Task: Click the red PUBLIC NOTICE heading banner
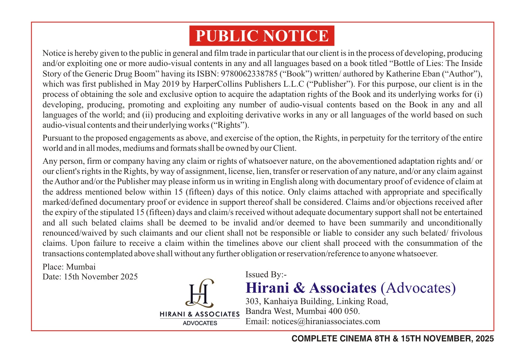click(262, 36)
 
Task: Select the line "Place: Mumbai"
click(69, 266)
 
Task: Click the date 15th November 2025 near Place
click(101, 277)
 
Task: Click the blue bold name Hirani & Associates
click(311, 288)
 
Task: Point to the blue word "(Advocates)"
click(418, 288)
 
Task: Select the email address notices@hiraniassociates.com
click(326, 321)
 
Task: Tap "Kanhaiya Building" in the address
click(298, 301)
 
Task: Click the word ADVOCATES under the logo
click(200, 323)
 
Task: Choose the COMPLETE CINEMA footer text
click(393, 339)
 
